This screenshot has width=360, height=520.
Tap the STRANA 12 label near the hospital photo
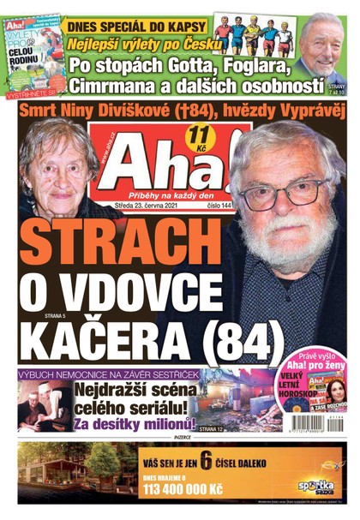point(213,427)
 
